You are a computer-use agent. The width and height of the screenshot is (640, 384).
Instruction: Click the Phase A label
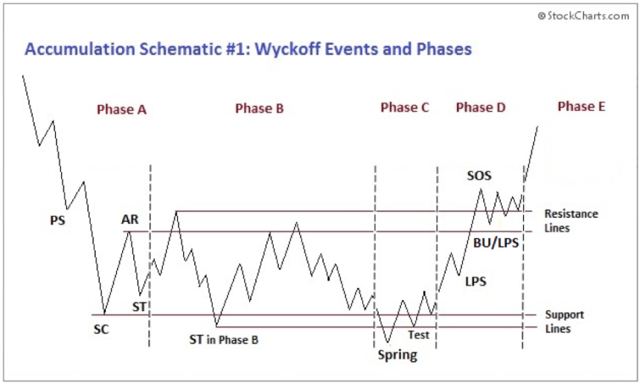[x=121, y=109]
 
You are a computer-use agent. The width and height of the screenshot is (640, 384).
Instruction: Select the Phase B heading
[x=259, y=109]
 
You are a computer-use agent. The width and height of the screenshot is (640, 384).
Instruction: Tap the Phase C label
[x=405, y=108]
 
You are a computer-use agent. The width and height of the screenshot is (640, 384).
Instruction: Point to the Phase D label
[x=480, y=108]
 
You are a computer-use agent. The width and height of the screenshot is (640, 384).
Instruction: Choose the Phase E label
[x=581, y=106]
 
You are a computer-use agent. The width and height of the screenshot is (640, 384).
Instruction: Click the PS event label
[x=57, y=220]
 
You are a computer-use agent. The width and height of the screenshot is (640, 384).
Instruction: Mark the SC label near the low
[x=101, y=329]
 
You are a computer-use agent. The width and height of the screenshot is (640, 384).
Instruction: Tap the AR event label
[x=129, y=220]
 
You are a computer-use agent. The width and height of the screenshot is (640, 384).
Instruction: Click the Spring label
[x=397, y=355]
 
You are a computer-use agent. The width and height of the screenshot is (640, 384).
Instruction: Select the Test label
[x=418, y=335]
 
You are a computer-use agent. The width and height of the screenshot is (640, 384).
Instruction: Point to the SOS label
[x=479, y=176]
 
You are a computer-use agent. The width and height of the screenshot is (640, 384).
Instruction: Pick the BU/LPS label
[x=496, y=243]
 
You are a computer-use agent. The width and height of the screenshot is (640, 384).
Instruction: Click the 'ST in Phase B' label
[x=223, y=340]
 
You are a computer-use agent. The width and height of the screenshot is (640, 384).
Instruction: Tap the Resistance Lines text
[x=571, y=221]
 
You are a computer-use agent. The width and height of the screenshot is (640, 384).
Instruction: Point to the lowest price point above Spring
[x=387, y=342]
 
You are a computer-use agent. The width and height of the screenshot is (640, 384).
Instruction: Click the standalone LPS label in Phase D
[x=476, y=281]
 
